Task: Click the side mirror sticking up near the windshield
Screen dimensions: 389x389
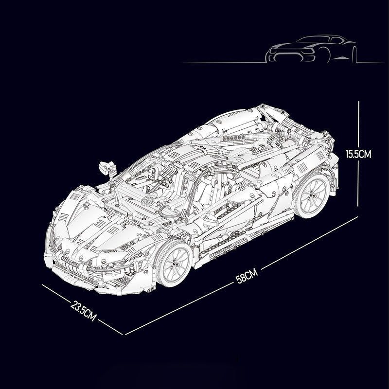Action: pos(106,166)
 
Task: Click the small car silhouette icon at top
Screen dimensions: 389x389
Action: pos(311,49)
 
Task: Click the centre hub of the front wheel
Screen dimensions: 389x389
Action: pos(175,264)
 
